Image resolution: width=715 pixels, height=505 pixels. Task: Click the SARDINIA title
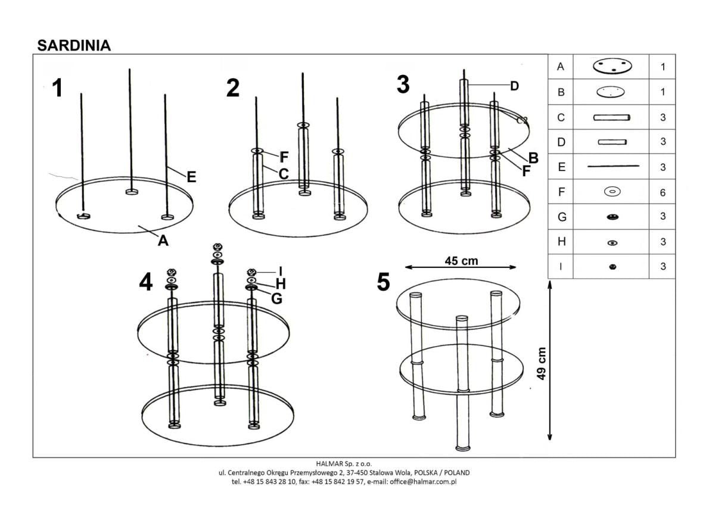point(74,45)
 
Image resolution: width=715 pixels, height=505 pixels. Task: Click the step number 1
point(57,88)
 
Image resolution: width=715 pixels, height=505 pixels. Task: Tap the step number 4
point(145,282)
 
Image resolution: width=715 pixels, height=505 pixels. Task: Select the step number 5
point(384,282)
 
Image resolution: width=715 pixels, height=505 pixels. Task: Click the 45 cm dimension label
point(461,260)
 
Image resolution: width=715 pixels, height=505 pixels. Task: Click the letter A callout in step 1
point(163,241)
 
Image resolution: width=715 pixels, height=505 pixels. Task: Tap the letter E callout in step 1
point(191,176)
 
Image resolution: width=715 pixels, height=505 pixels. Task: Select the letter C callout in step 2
point(284,174)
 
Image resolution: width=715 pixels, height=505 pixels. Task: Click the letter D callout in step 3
point(515,86)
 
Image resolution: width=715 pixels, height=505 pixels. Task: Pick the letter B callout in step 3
point(533,158)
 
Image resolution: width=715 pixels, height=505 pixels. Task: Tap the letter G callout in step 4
point(276,298)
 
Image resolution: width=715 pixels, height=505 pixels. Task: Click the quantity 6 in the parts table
point(663,192)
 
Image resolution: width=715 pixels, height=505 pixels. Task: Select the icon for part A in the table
point(612,67)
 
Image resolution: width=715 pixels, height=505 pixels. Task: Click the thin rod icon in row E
point(612,167)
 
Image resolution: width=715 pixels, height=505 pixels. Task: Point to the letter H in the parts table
point(561,242)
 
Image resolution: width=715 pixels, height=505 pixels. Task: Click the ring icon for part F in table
point(612,192)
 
